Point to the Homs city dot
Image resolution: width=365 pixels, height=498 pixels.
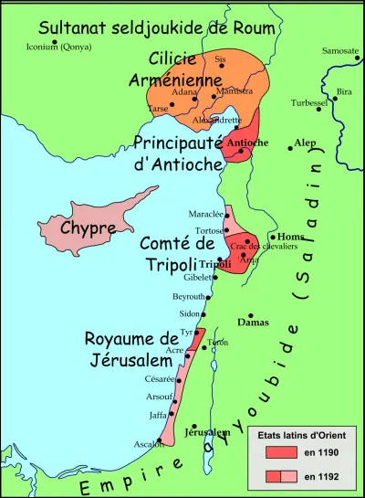[x=272, y=237]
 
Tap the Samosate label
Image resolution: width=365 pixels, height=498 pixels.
[x=339, y=50]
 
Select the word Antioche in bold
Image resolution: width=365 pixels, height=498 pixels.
[x=246, y=143]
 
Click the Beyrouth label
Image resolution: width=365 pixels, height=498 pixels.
[x=188, y=298]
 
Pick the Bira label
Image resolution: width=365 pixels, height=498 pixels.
[x=343, y=92]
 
